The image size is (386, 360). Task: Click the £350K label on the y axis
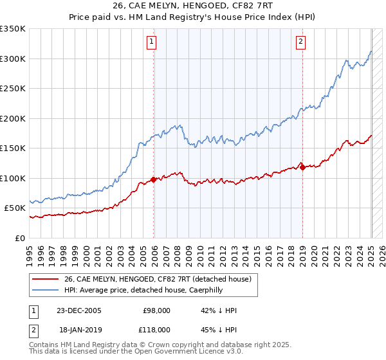pyautogui.click(x=13, y=29)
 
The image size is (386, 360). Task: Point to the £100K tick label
pyautogui.click(x=13, y=178)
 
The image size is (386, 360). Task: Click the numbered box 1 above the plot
pyautogui.click(x=151, y=42)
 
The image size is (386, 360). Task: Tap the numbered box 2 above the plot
pyautogui.click(x=300, y=42)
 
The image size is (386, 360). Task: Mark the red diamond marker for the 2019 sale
pyautogui.click(x=302, y=168)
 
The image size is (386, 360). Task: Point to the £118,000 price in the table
pyautogui.click(x=156, y=328)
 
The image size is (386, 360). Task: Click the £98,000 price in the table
pyautogui.click(x=156, y=310)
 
